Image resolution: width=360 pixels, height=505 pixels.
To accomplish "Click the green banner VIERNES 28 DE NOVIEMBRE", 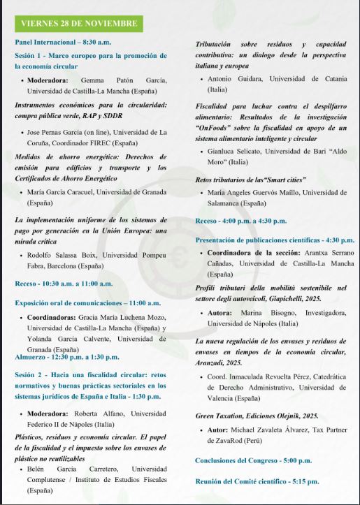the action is point(79,24).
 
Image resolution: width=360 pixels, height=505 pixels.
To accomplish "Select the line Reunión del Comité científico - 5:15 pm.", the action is point(257,481).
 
